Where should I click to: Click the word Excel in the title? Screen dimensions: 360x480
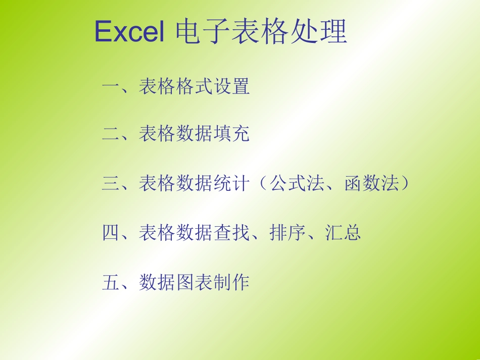coord(129,33)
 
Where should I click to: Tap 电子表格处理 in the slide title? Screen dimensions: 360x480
coord(261,33)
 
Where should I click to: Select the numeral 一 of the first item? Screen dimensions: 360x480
coord(111,87)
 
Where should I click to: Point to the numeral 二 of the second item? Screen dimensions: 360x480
coord(111,134)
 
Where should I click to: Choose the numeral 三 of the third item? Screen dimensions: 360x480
coord(111,183)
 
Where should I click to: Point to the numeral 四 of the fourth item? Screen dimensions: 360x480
coord(111,233)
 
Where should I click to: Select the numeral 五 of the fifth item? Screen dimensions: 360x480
coord(111,282)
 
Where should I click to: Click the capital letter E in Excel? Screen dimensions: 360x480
coord(103,33)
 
